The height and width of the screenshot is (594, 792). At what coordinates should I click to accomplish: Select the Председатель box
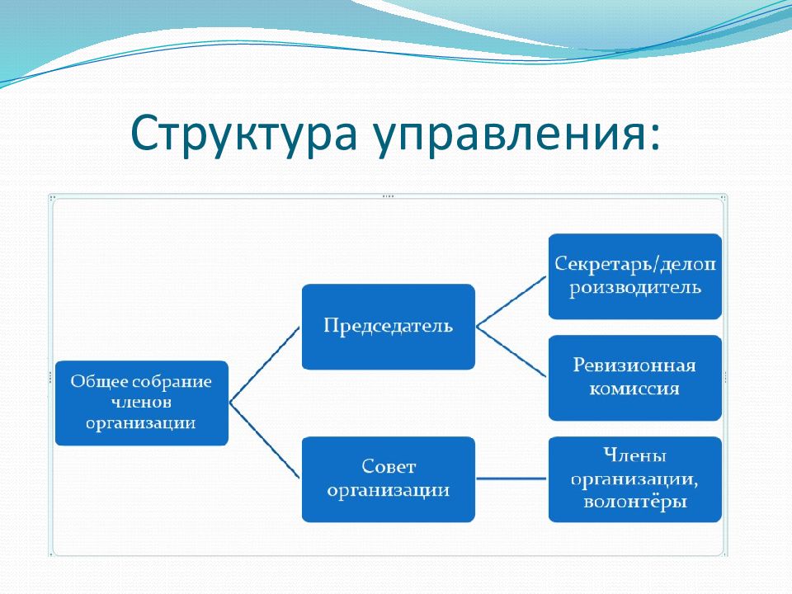point(389,327)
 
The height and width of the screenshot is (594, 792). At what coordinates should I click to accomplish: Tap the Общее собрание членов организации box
point(141,403)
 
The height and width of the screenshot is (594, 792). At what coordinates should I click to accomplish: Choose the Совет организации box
point(389,478)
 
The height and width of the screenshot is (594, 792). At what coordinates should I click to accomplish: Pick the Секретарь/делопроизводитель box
point(635,276)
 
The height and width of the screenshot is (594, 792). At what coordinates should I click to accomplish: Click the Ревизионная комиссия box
point(635,377)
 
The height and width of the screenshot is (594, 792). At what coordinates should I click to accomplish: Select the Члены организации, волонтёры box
point(635,478)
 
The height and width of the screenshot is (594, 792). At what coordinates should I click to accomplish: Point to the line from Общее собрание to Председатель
point(265,365)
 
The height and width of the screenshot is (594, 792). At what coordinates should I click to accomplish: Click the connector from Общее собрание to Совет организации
point(265,441)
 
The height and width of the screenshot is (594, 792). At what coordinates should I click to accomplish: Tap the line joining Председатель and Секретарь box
point(511,302)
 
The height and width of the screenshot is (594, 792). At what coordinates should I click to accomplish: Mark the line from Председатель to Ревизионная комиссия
point(511,352)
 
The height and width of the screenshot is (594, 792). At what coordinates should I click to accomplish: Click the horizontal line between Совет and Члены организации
point(511,478)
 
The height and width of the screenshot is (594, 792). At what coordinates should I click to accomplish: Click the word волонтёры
point(635,502)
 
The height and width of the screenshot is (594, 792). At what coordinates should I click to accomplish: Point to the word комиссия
point(634,389)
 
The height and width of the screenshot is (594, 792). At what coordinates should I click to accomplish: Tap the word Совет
point(389,466)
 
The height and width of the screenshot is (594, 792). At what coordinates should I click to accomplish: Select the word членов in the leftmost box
point(141,402)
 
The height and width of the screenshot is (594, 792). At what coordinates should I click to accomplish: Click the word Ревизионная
point(634,365)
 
